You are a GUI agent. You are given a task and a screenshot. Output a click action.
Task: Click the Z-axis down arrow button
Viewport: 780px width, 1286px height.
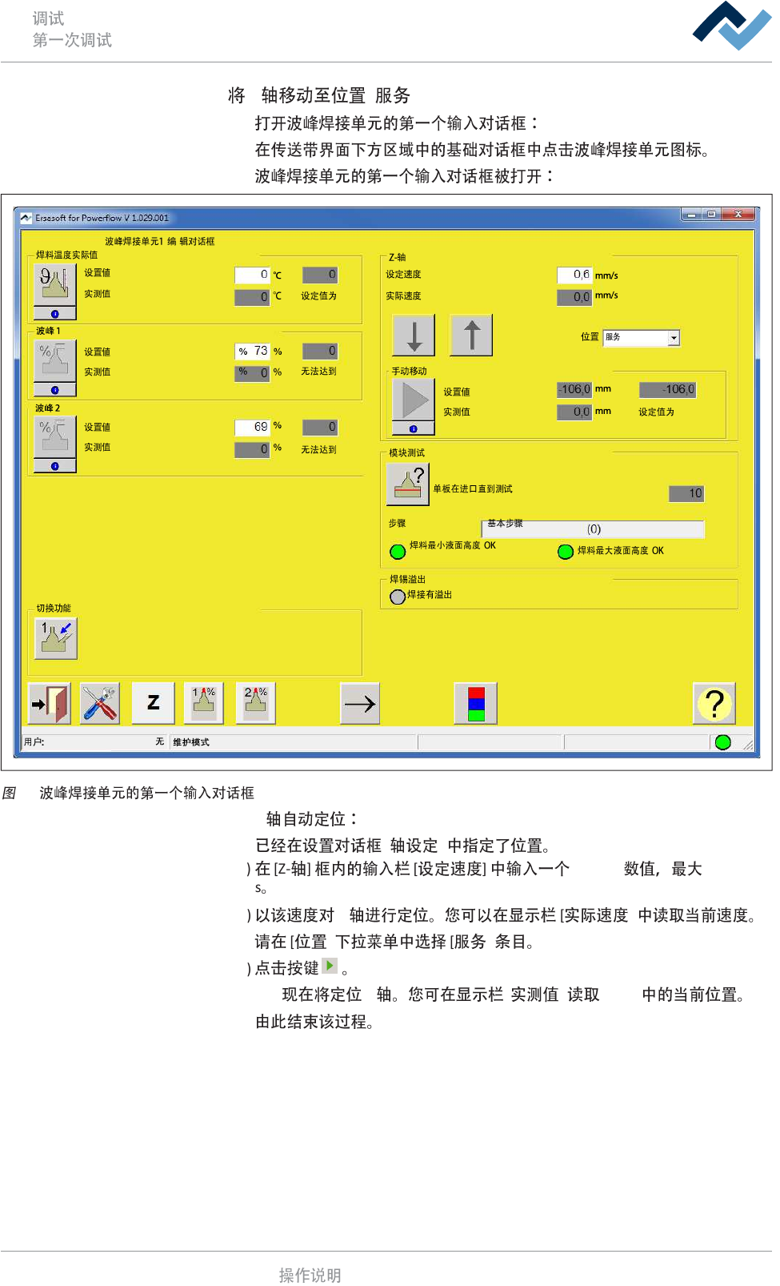point(414,335)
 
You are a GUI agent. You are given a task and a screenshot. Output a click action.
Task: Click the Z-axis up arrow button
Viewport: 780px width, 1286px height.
point(471,335)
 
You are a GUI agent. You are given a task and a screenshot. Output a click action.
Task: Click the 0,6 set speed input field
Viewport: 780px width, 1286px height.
point(574,275)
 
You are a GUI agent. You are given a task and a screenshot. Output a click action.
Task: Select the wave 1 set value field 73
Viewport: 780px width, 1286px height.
point(253,351)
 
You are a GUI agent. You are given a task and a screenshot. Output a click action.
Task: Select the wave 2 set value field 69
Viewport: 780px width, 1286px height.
point(253,427)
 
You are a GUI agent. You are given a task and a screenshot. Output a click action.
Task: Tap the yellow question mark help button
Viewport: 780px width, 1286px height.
point(714,704)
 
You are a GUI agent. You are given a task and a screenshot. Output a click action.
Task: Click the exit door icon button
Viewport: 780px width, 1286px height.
point(50,704)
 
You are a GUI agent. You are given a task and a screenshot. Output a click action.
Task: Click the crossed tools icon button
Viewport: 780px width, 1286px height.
point(100,704)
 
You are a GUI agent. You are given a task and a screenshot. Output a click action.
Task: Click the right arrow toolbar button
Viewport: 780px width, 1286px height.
point(359,704)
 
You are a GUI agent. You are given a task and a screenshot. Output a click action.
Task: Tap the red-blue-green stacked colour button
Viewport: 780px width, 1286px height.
point(476,704)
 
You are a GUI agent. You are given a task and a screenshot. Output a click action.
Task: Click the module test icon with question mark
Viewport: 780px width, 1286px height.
point(408,484)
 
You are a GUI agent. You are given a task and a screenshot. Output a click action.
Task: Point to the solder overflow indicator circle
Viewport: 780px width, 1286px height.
point(398,597)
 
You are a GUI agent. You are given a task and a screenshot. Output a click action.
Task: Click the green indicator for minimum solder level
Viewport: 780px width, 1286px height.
point(398,552)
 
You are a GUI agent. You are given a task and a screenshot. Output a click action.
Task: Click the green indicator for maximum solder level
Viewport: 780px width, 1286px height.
point(566,552)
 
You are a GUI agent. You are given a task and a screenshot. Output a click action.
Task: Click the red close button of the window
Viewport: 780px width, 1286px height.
point(738,215)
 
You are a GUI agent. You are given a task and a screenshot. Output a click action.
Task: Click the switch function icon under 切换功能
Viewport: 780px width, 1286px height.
point(56,638)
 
